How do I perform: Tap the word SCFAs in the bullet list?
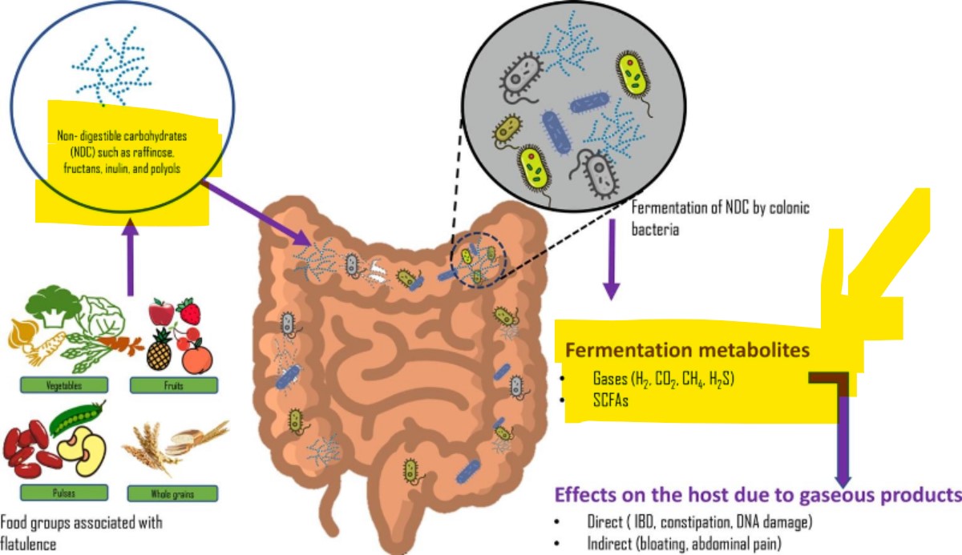pyautogui.click(x=611, y=402)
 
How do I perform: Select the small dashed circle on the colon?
pyautogui.click(x=479, y=260)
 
